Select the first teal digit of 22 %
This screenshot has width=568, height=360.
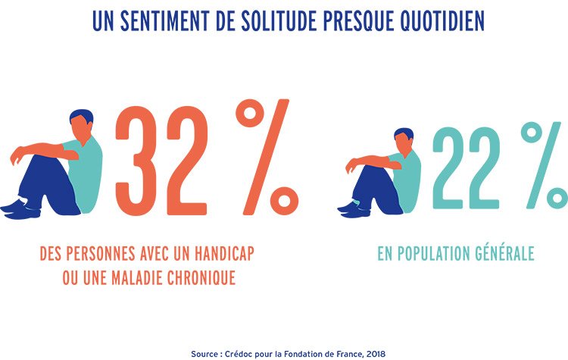[449, 167]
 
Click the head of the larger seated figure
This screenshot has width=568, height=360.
[81, 122]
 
